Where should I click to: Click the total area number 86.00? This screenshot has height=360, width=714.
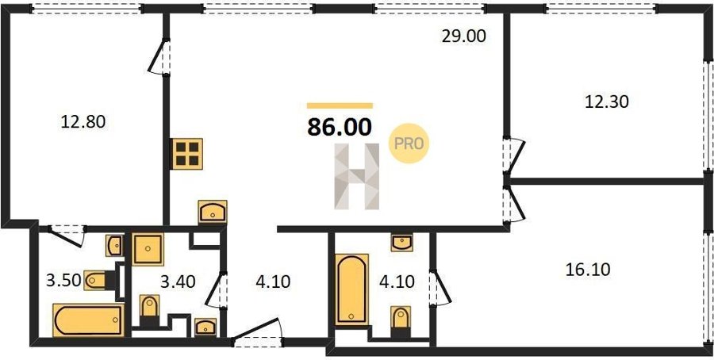click(340, 127)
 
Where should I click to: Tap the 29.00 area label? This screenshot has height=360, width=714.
click(464, 36)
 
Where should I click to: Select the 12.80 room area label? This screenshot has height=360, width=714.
click(83, 121)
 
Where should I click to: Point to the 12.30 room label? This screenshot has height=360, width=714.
click(607, 101)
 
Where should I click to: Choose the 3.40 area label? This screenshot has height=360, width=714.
click(178, 281)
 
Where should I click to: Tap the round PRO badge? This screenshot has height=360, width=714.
click(409, 144)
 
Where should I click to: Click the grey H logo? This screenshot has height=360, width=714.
click(356, 177)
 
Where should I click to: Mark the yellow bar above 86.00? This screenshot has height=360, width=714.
click(340, 105)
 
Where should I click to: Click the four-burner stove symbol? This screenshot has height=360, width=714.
click(187, 154)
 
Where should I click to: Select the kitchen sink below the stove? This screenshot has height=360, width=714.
click(213, 212)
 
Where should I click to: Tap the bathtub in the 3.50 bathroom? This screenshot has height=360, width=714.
click(89, 320)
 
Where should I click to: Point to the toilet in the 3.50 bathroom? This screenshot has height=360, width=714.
click(99, 281)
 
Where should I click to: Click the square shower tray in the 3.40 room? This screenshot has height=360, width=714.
click(148, 249)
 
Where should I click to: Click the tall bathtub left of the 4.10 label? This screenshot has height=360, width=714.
click(351, 289)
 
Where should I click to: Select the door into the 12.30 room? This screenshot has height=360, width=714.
click(515, 155)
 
